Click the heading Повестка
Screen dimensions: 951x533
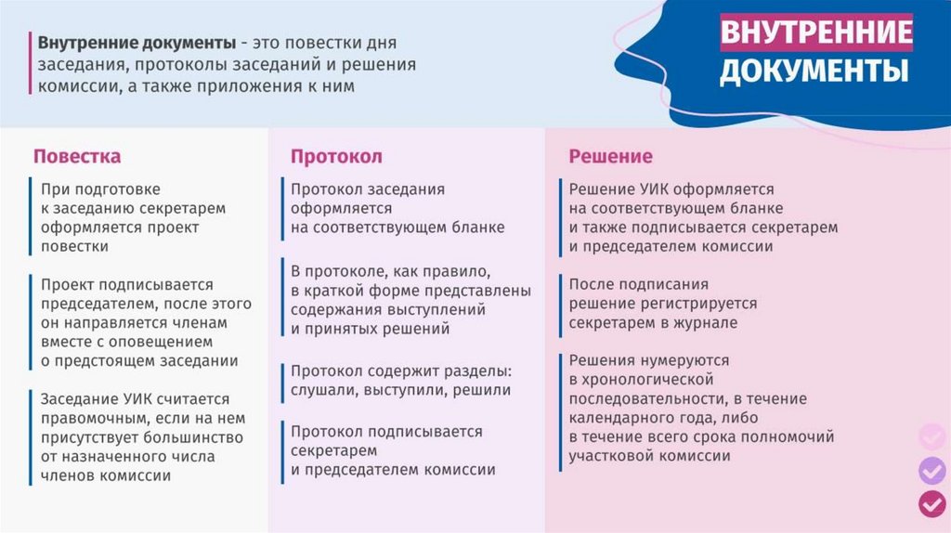click(77, 156)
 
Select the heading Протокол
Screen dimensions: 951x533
click(336, 157)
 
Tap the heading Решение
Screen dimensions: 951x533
click(610, 156)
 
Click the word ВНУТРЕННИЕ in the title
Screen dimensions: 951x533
click(815, 32)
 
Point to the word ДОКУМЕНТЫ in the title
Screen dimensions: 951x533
click(814, 70)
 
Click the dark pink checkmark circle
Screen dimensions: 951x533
click(932, 503)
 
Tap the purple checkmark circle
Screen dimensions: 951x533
click(932, 470)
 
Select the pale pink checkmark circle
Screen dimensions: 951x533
click(932, 436)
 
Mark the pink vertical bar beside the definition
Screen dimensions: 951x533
click(30, 63)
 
